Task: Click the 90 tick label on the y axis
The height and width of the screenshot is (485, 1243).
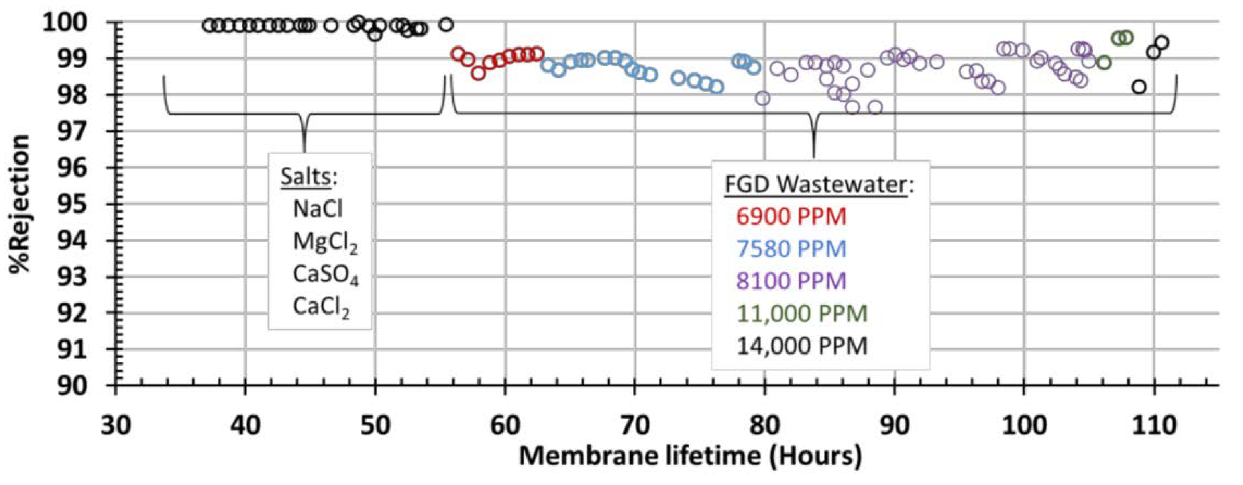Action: click(73, 386)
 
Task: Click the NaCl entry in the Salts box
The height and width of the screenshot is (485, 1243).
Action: click(318, 209)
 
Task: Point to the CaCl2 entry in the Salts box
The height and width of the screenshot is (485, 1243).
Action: click(321, 307)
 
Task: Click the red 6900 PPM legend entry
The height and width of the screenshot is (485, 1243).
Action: click(791, 217)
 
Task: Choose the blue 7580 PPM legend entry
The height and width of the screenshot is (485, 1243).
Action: click(791, 249)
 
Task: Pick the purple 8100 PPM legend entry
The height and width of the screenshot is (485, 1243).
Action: click(791, 281)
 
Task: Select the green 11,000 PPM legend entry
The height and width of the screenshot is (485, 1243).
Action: click(802, 314)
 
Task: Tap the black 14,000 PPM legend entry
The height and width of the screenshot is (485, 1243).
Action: click(802, 346)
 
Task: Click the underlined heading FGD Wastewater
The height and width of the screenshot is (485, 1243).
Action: click(815, 185)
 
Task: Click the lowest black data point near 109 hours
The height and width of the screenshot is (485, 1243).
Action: click(1139, 87)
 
